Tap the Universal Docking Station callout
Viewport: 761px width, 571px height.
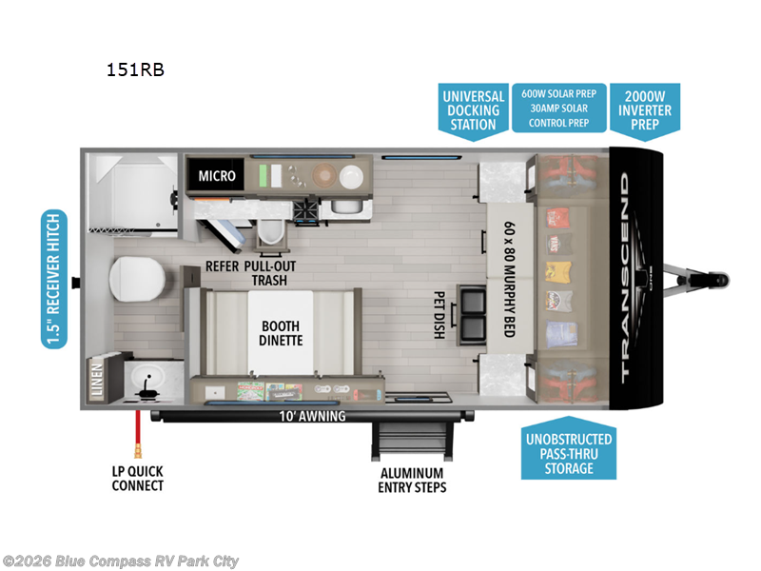473,109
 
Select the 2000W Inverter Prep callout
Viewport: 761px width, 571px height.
647,109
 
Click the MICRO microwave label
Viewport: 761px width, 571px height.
216,175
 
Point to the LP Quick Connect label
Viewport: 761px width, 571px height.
137,478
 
